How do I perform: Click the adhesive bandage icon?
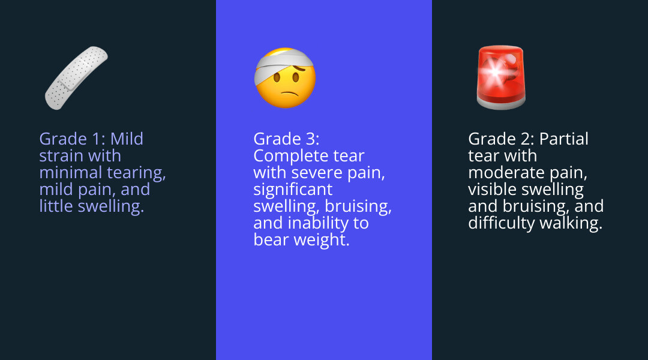tap(76, 77)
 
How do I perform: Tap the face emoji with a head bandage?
tap(285, 78)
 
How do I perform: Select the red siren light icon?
tap(500, 78)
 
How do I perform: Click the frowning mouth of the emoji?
tap(289, 94)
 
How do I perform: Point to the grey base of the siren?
tap(501, 103)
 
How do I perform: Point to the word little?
tap(56, 206)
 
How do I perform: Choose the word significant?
tap(293, 190)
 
